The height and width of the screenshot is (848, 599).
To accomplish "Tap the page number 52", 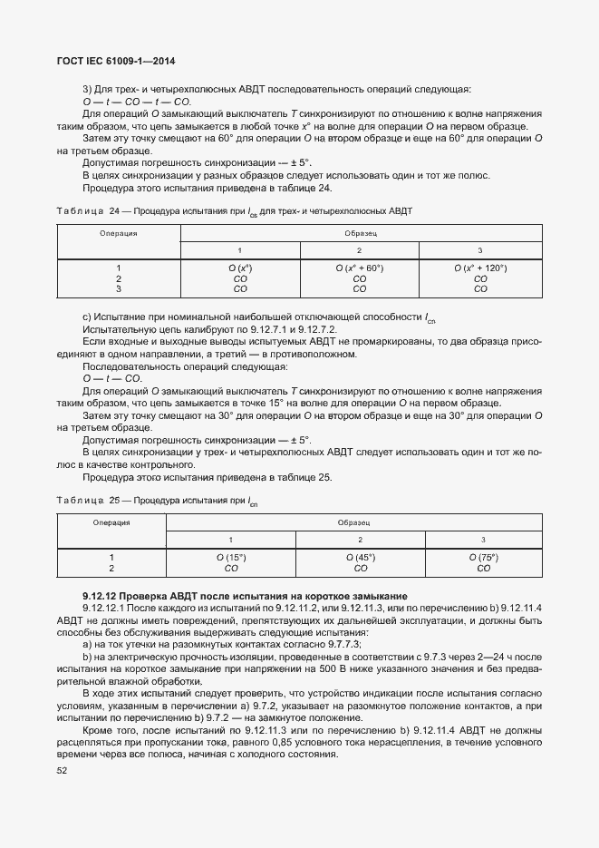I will tap(63, 770).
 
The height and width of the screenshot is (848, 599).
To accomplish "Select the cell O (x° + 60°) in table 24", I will tap(359, 268).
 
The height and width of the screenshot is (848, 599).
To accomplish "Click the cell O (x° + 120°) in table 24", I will tap(480, 268).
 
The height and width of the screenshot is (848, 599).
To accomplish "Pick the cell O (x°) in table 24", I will tap(240, 268).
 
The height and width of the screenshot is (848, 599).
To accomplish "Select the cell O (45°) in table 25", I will tap(360, 558).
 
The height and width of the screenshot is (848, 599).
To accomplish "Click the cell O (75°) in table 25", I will tap(483, 558).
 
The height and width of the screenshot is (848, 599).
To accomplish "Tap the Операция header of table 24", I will tap(119, 233).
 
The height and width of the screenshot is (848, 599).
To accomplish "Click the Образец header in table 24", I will tap(360, 233).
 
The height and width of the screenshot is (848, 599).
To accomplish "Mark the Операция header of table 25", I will tap(111, 523).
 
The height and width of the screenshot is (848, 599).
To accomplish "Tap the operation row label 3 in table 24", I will tap(119, 289).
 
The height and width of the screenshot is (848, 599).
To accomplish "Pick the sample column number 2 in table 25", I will tap(360, 540).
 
